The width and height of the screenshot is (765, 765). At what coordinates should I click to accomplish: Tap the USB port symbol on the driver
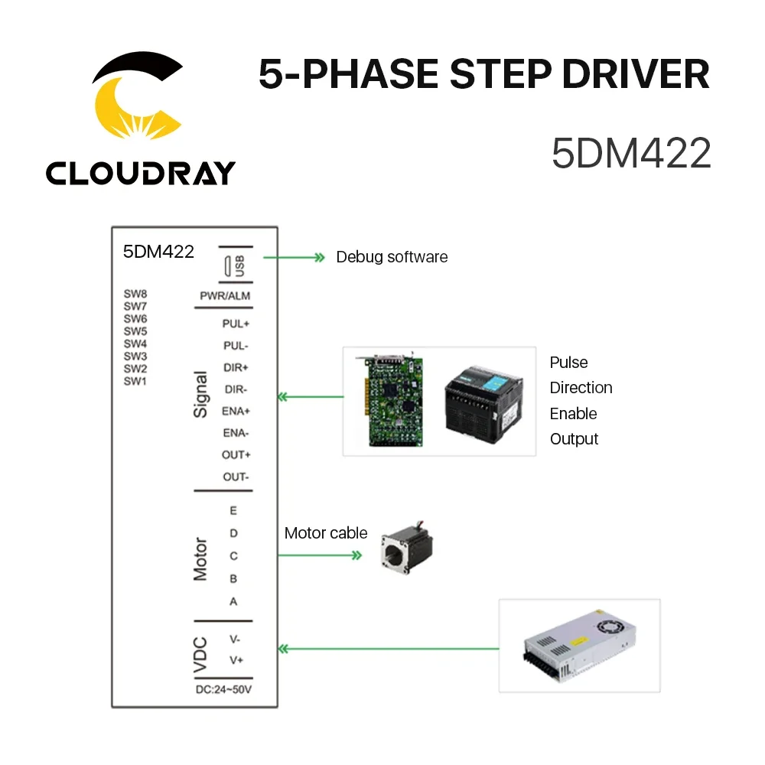click(229, 267)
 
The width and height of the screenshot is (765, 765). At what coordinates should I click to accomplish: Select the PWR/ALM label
click(224, 296)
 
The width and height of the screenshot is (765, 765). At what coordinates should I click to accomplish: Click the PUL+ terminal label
click(236, 324)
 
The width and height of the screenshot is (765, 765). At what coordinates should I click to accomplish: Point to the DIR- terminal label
click(236, 389)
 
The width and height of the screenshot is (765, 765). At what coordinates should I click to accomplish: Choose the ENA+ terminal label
click(236, 411)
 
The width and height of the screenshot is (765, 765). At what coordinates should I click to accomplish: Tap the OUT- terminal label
click(236, 477)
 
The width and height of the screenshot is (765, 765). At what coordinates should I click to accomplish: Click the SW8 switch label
click(135, 293)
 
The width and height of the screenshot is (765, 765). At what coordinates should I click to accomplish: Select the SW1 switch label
click(135, 381)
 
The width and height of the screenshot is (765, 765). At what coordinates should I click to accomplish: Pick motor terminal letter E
click(233, 510)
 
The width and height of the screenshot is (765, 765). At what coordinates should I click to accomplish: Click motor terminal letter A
click(233, 601)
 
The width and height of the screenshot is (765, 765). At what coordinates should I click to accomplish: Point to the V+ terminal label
click(236, 659)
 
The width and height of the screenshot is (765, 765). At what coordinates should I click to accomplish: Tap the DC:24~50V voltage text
click(223, 690)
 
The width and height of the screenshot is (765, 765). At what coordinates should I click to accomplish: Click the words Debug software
click(392, 257)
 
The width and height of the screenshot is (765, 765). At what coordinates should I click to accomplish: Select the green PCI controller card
click(391, 400)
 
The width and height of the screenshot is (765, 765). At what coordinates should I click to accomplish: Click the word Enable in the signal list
click(573, 413)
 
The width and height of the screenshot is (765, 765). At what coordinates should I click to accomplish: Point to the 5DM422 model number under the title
click(631, 153)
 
